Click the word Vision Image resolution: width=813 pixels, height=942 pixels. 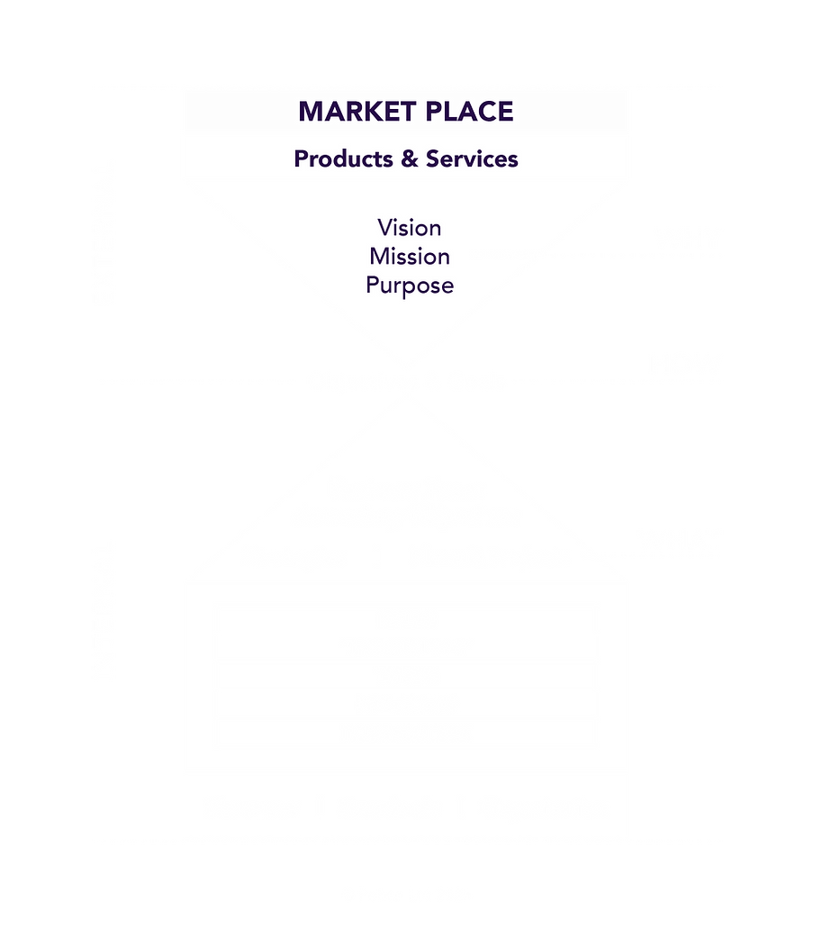click(410, 228)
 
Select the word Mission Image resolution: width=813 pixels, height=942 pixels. click(410, 257)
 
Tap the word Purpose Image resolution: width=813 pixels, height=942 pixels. click(410, 285)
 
